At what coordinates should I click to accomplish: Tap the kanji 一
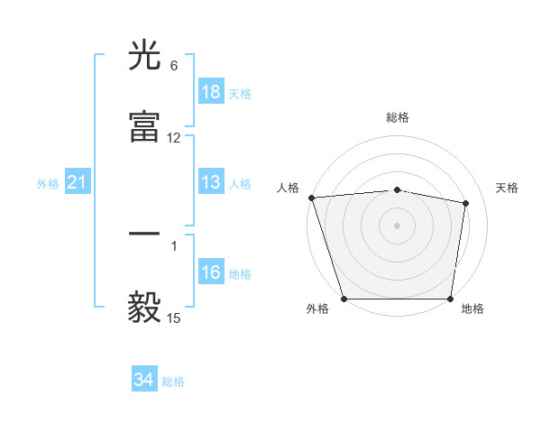coord(145,235)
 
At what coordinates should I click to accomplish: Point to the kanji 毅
coord(145,308)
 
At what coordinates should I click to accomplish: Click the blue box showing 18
coord(211,92)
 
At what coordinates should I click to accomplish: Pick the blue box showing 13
coord(211,183)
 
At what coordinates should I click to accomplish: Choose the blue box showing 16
coord(211,273)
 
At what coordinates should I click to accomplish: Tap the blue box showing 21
coord(77,183)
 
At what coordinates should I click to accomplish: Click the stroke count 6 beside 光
coord(174,66)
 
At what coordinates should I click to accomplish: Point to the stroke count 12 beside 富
coord(174,138)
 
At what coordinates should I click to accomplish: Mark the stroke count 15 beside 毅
coord(174,318)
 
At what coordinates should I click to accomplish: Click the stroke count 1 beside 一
coord(174,245)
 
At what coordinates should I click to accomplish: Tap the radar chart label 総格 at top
coord(398,117)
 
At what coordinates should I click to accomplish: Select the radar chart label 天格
coord(508,188)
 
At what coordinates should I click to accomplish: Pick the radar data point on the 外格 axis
coord(344,299)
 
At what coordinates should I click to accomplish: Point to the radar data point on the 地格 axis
coord(451,299)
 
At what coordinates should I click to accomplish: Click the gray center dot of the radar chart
coord(398,225)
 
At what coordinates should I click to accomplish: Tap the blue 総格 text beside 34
coord(173,382)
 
